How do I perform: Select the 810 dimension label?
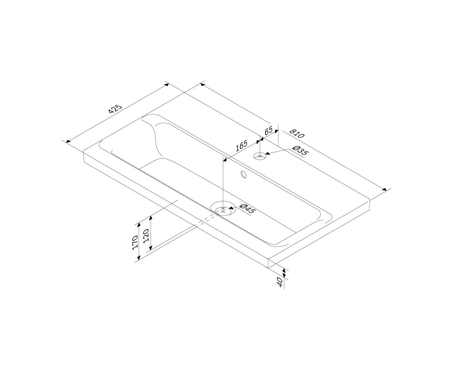click(297, 134)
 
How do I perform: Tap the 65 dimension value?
click(268, 131)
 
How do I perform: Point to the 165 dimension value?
click(241, 146)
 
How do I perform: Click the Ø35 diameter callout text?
click(300, 151)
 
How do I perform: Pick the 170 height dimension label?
click(135, 242)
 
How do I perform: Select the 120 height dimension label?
click(146, 236)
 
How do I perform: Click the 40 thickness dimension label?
click(280, 282)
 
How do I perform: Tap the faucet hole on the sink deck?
click(260, 156)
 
